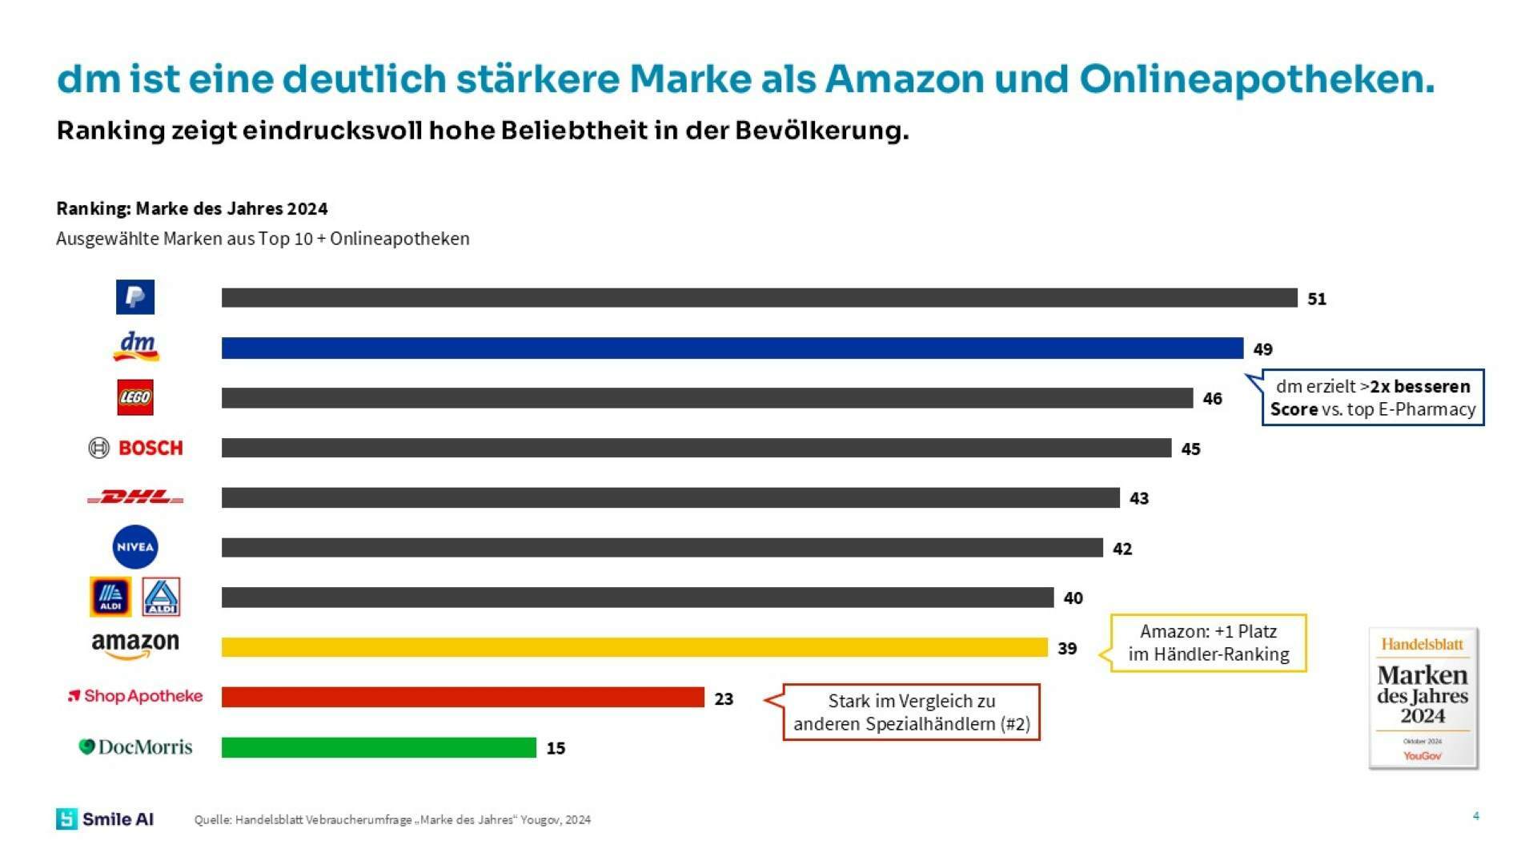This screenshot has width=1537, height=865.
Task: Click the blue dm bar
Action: pos(732,348)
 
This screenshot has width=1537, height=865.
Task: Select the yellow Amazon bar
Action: pos(634,647)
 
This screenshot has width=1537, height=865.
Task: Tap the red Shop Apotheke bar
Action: pos(463,697)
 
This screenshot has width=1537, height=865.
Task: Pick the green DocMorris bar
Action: pos(379,747)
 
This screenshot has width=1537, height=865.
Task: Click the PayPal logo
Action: pos(135,297)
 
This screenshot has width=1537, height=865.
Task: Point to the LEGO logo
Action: pos(135,397)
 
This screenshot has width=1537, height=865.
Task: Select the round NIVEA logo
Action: pos(135,548)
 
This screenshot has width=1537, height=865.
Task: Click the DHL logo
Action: pos(135,497)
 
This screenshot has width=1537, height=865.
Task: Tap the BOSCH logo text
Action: pos(150,448)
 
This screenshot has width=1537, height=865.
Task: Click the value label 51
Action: pos(1317,299)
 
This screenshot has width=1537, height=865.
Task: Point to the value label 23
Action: pos(724,699)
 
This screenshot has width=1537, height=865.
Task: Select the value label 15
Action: pos(556,748)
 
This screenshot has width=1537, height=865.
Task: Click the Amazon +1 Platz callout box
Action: pos(1209,642)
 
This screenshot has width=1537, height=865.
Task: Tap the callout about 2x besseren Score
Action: pos(1372,397)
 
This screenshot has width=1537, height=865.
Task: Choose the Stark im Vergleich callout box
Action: pos(911,712)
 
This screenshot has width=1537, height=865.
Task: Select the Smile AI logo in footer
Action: pos(105,819)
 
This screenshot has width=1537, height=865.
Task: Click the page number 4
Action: pos(1475,816)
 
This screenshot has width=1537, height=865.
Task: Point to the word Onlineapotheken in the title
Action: pos(1257,79)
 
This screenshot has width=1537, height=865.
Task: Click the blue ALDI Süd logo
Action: pos(110,597)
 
